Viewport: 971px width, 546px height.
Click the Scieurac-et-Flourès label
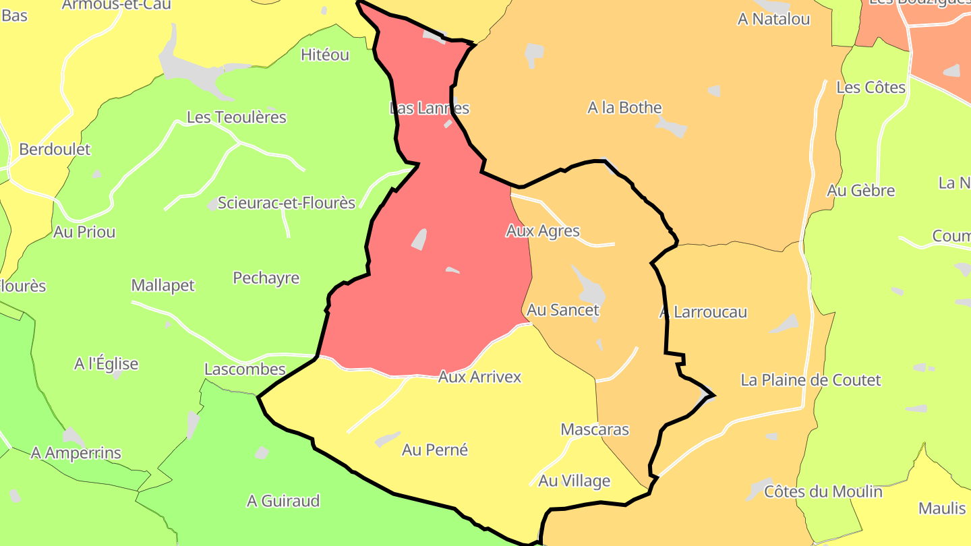(x=286, y=203)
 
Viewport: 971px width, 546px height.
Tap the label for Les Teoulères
(x=236, y=117)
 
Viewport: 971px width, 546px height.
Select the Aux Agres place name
(x=543, y=231)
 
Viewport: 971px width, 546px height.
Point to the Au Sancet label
(x=563, y=310)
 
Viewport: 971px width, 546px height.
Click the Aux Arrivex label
(x=479, y=377)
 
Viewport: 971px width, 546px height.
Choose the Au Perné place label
(x=435, y=450)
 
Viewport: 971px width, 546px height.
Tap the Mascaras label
(x=595, y=429)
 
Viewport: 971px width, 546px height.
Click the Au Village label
(x=574, y=481)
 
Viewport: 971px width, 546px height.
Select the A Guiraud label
(x=283, y=501)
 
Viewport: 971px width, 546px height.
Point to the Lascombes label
(x=245, y=369)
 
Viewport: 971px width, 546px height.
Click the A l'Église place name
(x=106, y=364)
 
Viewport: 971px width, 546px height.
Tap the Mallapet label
(x=163, y=285)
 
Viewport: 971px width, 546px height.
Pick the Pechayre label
(x=266, y=278)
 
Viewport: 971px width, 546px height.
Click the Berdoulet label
(x=55, y=149)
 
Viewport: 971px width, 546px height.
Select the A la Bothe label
(x=624, y=108)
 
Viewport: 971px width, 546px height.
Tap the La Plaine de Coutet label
(x=811, y=380)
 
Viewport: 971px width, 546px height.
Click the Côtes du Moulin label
(x=823, y=491)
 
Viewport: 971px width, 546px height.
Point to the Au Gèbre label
(x=861, y=191)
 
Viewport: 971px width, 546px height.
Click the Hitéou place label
(x=325, y=55)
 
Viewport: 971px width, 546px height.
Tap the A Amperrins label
(x=76, y=453)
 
